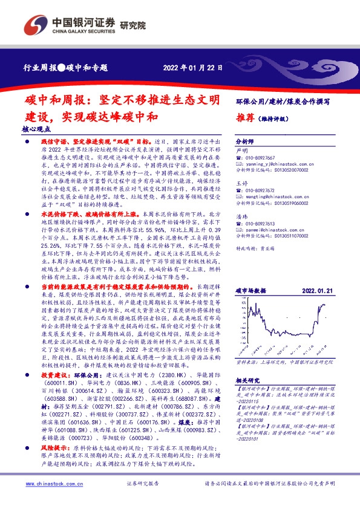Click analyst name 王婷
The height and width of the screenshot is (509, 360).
coord(241,182)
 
